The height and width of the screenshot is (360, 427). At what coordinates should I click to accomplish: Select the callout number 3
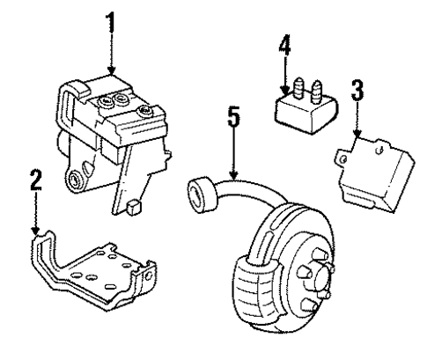357,91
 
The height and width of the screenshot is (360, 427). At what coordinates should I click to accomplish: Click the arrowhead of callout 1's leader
111,72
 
